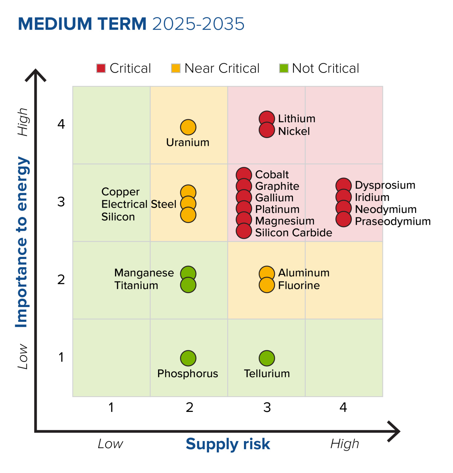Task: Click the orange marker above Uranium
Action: point(188,127)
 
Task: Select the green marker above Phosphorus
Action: point(188,358)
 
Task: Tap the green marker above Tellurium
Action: point(267,358)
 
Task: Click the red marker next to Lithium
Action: point(267,119)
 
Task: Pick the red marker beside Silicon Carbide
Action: point(244,231)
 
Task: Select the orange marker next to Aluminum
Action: point(267,273)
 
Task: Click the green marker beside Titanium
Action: point(188,285)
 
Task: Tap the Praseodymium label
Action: point(393,221)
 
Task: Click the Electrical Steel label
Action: point(139,204)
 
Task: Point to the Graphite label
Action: point(277,186)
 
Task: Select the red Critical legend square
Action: point(101,68)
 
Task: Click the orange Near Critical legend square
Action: point(175,68)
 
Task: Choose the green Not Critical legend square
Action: point(284,68)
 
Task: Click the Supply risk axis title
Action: point(228,444)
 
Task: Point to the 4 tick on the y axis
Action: point(61,124)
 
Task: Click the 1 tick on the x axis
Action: point(111,407)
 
